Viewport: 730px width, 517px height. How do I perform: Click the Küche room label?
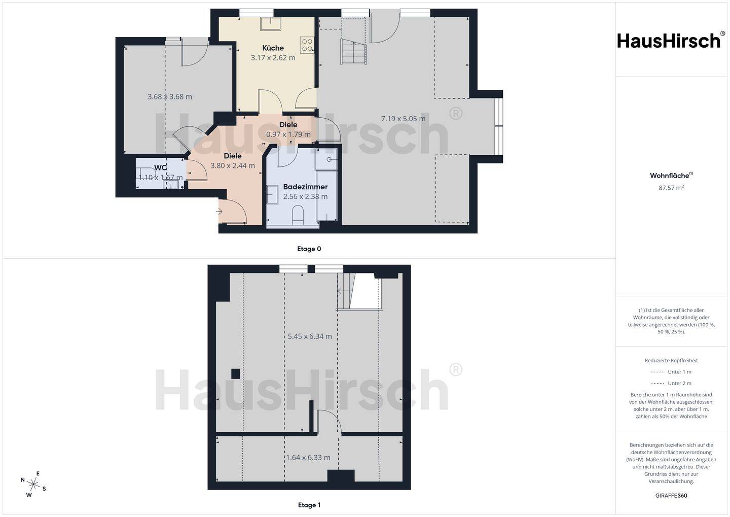coord(273,48)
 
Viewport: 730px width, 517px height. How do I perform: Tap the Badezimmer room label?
coord(305,187)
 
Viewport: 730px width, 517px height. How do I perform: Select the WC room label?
coord(161,167)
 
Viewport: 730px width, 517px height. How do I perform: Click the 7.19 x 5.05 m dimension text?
coord(403,119)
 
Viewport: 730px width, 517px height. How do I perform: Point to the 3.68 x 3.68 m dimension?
coord(169,96)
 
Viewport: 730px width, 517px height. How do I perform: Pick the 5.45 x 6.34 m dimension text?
coord(309,336)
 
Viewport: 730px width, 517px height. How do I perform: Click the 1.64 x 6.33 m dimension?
coord(308,457)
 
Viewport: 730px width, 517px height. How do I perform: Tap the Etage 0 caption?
coord(309,249)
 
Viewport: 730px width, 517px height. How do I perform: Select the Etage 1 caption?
coord(309,505)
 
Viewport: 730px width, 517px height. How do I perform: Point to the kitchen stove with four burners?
coord(307,45)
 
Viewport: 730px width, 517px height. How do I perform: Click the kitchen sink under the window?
coord(271,24)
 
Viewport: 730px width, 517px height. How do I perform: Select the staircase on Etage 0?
coord(353,52)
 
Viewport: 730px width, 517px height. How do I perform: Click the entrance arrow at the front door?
coord(220,211)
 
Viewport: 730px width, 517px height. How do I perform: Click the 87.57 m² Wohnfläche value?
coord(671,187)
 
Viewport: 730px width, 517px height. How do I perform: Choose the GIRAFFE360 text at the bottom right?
coord(671,496)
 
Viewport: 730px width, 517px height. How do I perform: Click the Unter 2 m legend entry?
coord(671,383)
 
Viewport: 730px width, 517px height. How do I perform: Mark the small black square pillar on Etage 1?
coord(235,373)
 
